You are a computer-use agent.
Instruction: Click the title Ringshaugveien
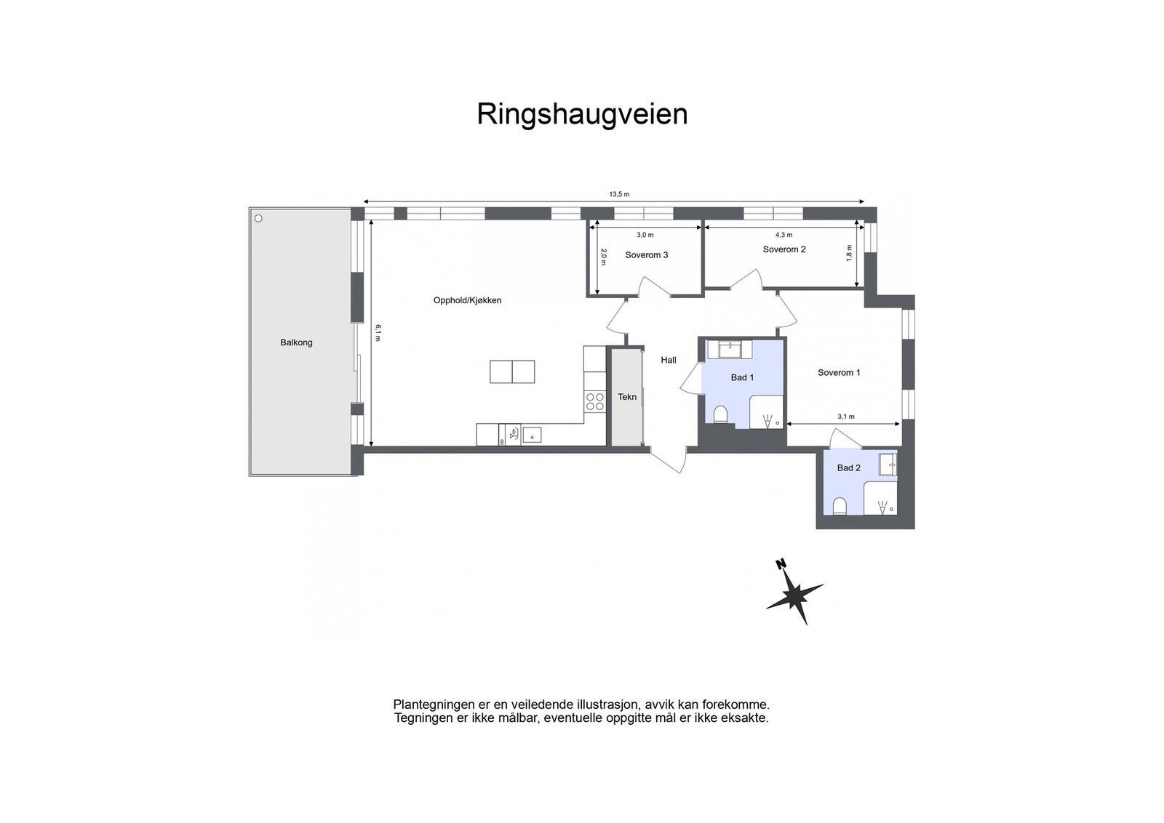(582, 115)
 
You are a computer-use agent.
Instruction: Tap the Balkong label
(296, 342)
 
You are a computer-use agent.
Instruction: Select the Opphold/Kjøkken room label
(467, 300)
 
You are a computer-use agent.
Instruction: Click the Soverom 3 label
(646, 255)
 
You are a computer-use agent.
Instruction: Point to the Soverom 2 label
(784, 249)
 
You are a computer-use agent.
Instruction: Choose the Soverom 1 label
(839, 373)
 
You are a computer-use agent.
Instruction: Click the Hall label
(668, 360)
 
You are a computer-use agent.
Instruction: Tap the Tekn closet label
(627, 397)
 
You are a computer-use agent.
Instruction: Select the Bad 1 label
(742, 377)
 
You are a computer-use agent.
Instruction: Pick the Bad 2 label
(848, 468)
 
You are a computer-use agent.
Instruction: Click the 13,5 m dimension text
(619, 194)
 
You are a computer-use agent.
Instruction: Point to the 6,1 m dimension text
(378, 332)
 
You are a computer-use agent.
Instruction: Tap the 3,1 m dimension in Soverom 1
(845, 417)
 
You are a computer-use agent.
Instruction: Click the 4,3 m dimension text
(784, 235)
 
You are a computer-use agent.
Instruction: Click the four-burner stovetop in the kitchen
(595, 402)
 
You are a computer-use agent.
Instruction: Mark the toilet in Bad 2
(839, 506)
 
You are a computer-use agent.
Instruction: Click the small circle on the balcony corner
(258, 218)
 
